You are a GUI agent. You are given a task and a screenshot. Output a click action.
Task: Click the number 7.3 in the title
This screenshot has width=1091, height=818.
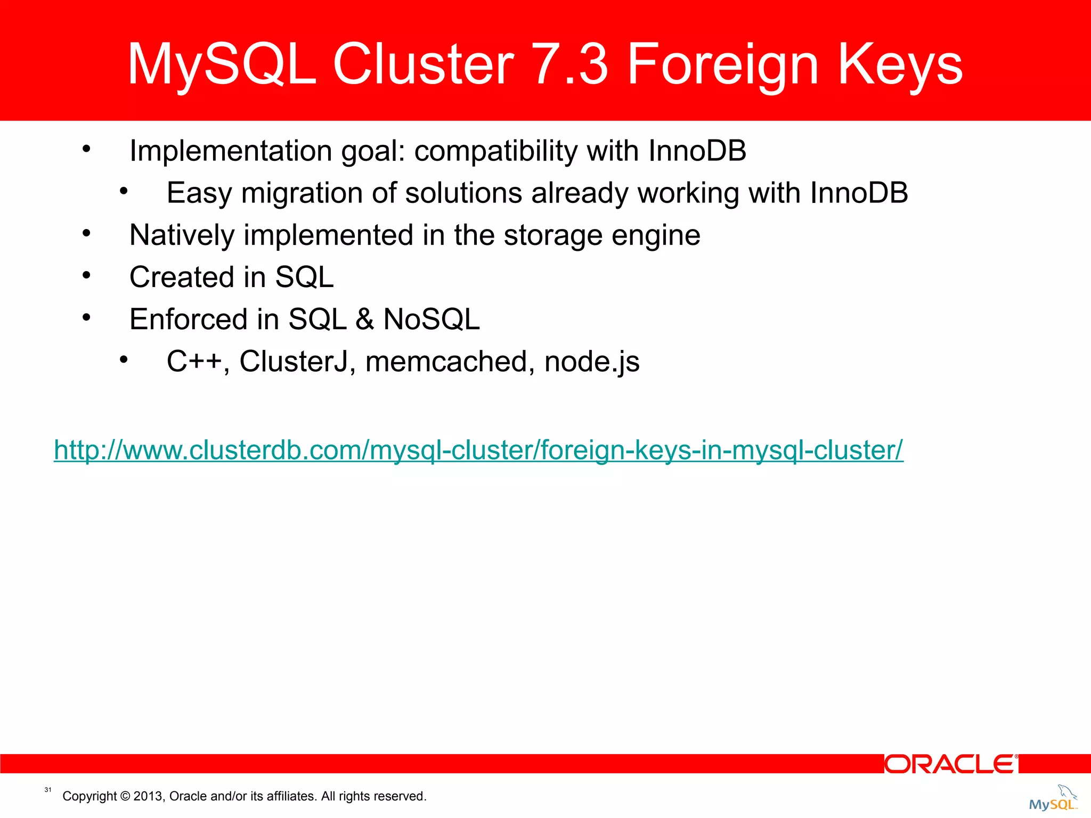click(569, 64)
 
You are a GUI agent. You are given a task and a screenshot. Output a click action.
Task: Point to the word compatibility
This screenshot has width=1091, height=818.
click(495, 151)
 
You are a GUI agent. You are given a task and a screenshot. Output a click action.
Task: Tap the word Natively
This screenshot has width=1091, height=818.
click(182, 235)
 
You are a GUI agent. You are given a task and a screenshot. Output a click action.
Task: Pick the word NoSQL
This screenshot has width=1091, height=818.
click(431, 320)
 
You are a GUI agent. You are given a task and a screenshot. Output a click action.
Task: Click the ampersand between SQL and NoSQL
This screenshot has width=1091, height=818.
click(364, 320)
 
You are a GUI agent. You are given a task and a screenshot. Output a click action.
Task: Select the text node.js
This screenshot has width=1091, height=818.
click(592, 362)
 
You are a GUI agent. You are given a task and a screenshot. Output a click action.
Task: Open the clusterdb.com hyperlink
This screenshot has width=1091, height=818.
click(478, 450)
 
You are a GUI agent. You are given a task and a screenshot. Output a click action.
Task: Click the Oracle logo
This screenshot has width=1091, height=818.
click(951, 764)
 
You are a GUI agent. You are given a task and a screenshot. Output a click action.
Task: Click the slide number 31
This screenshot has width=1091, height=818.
click(48, 790)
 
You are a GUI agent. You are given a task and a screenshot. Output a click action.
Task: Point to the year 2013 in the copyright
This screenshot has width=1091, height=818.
click(148, 796)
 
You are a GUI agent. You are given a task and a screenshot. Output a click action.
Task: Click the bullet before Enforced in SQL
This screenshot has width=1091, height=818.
click(87, 318)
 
